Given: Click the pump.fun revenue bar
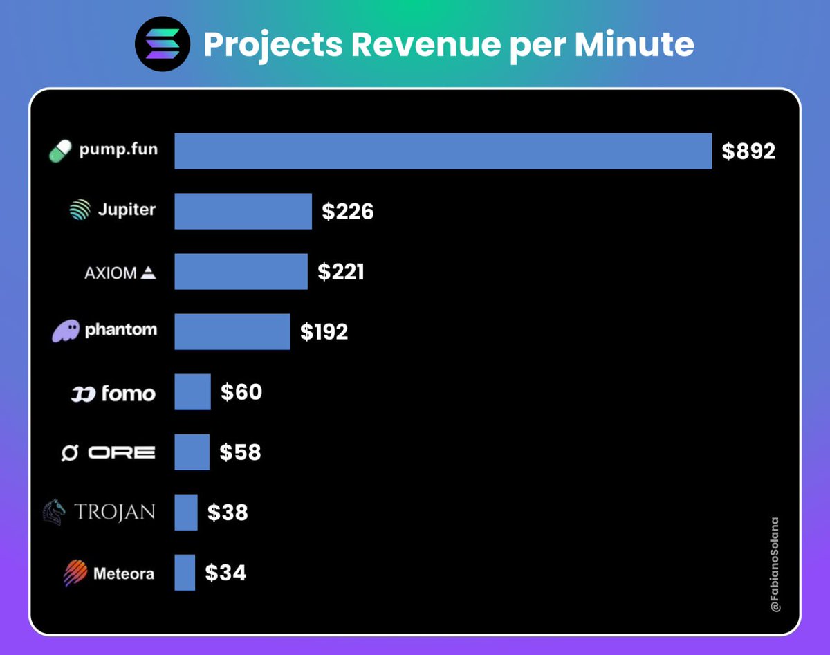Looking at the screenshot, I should click(x=443, y=151).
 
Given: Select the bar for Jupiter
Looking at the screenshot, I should click(x=243, y=211).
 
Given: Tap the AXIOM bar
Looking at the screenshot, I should click(x=241, y=271).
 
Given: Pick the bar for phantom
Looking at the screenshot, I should click(x=232, y=331).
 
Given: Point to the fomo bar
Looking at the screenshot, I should click(x=192, y=391).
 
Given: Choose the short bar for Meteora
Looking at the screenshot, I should click(x=185, y=573).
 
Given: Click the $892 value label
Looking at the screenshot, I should click(x=748, y=151).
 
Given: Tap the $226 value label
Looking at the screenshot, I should click(x=347, y=211).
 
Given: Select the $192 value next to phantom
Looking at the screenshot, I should click(x=324, y=332).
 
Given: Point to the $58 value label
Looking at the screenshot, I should click(x=240, y=452).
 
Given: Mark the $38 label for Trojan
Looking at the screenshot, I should click(x=228, y=513).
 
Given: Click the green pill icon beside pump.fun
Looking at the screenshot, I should click(x=61, y=151).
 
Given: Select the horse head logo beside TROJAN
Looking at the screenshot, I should click(x=55, y=512).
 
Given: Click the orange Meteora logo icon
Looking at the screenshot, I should click(x=75, y=573).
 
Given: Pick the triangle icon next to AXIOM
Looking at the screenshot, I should click(x=148, y=273).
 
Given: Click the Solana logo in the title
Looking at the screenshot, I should click(x=163, y=44).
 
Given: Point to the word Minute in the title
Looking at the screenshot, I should click(x=634, y=44).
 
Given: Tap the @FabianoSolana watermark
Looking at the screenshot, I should click(x=775, y=564).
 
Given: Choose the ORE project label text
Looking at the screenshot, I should click(x=122, y=452).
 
